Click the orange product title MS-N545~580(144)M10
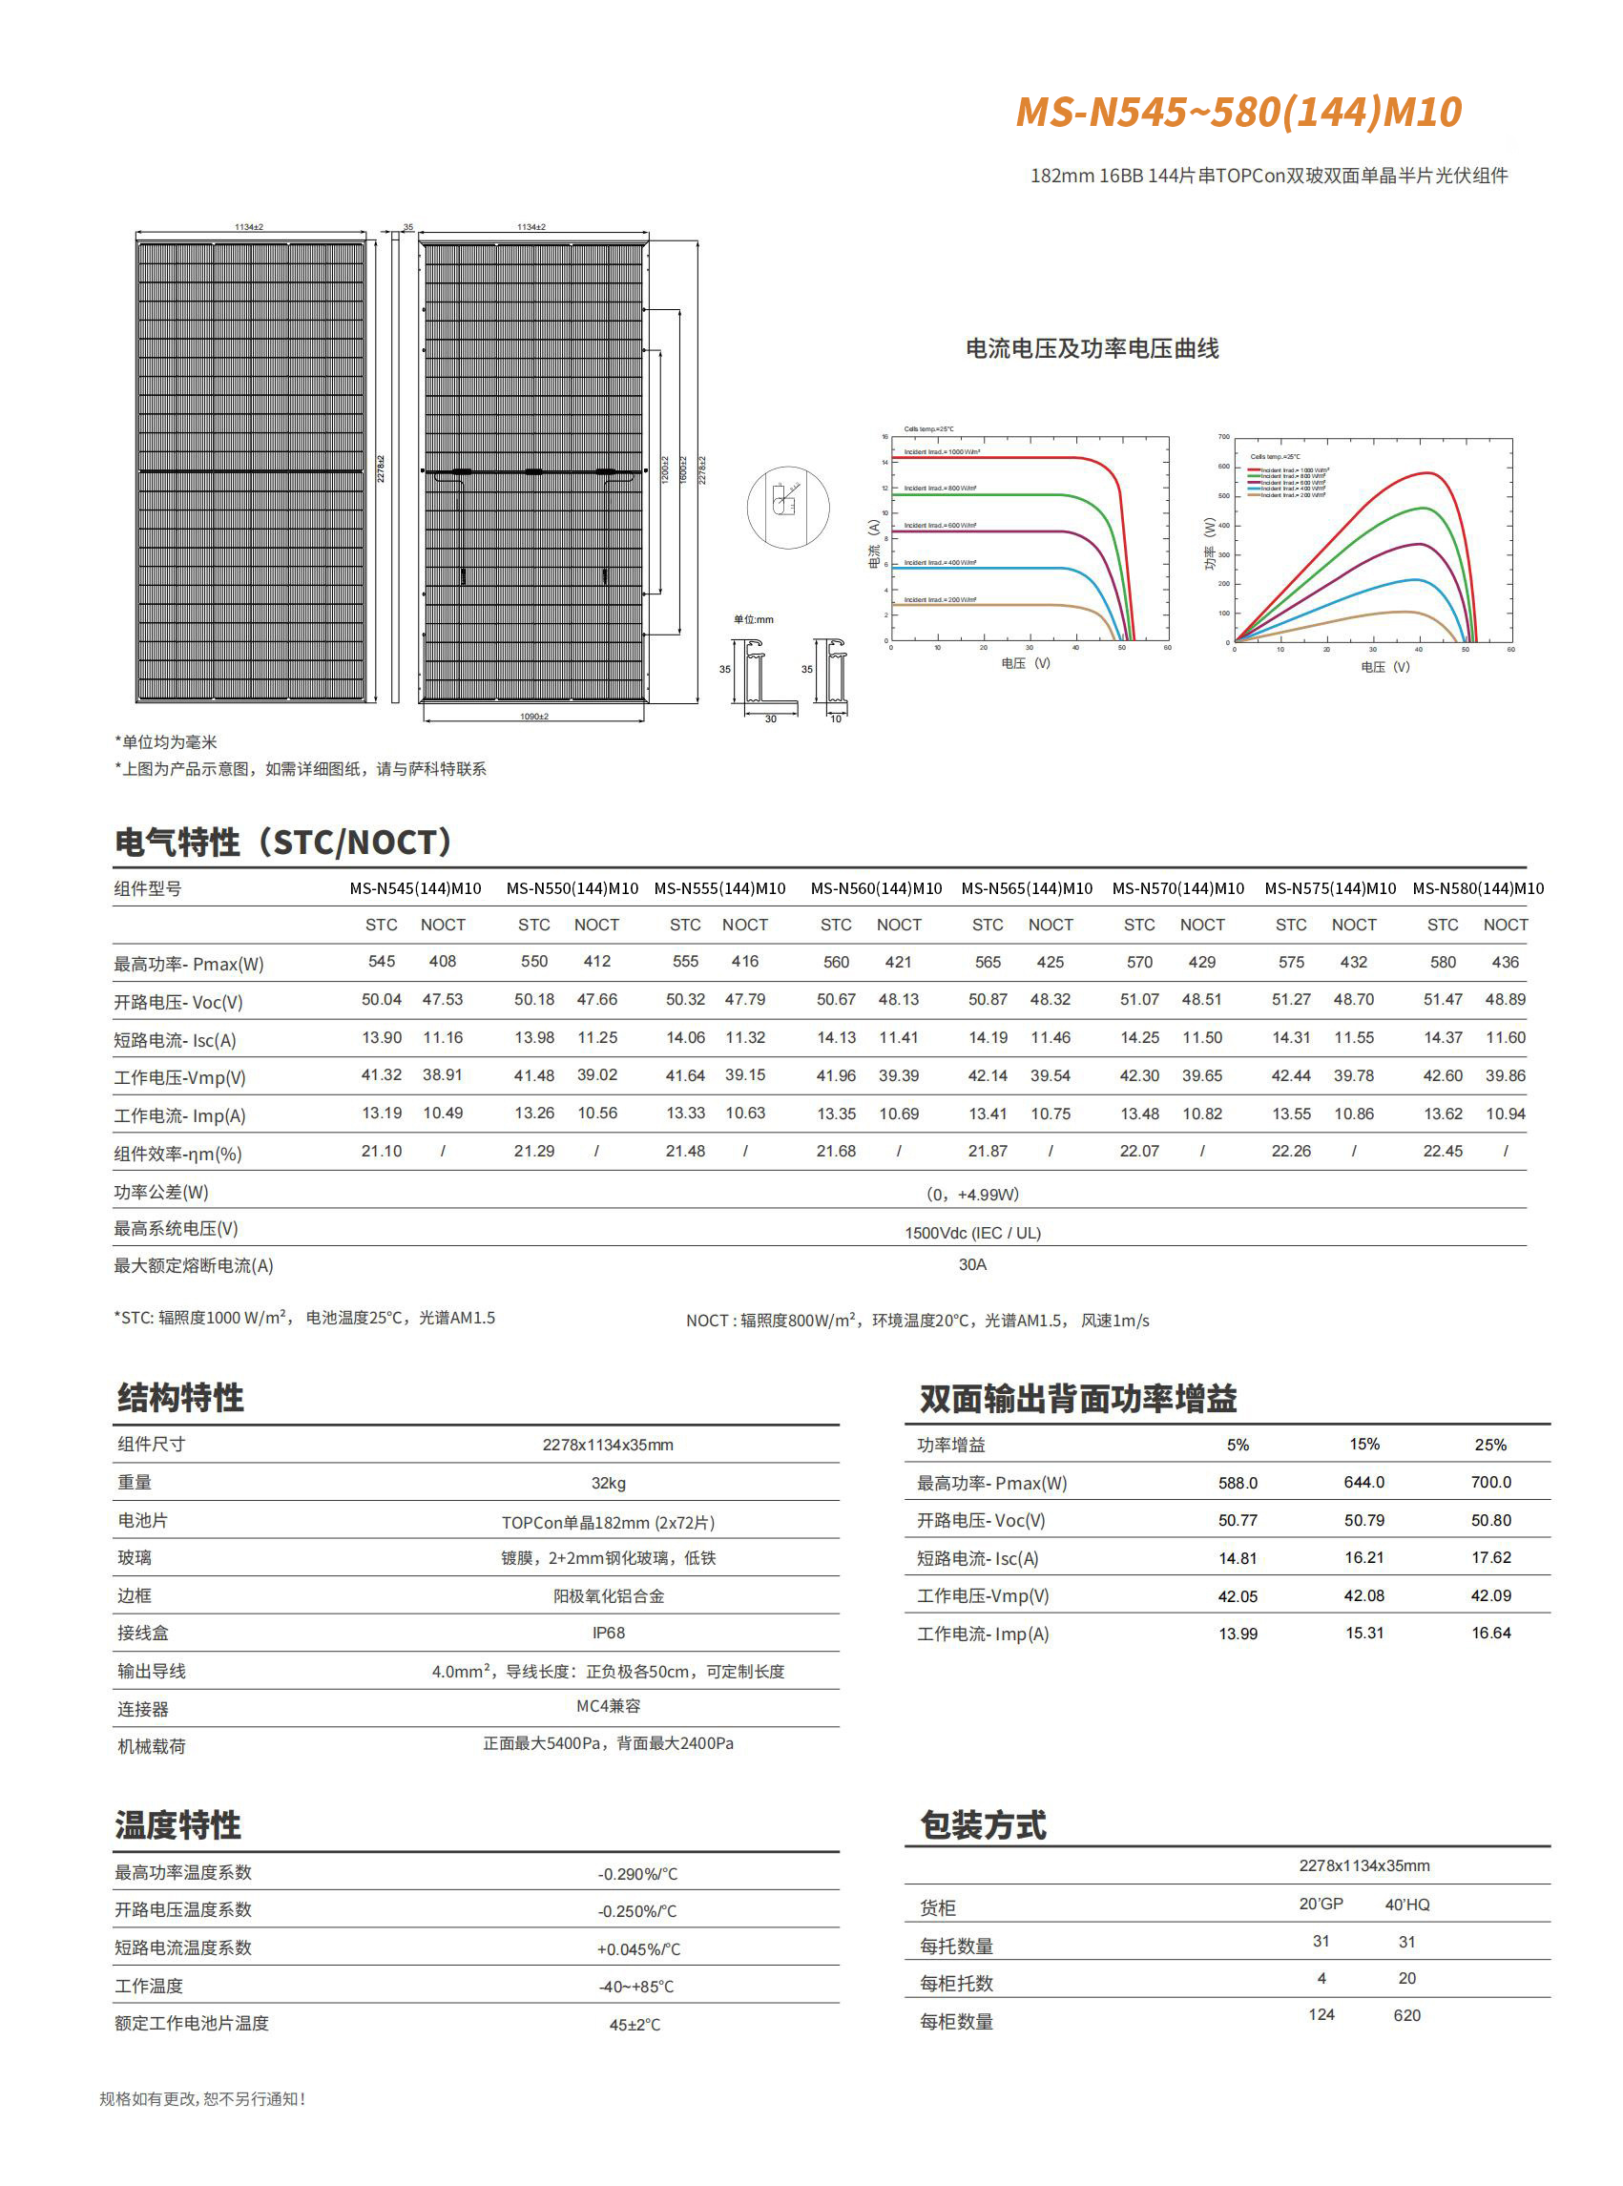pos(1238,112)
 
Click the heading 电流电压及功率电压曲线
pos(1092,349)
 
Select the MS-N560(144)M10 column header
pos(875,888)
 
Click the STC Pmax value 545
pos(382,962)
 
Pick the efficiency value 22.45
pos(1443,1151)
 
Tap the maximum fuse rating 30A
pos(971,1264)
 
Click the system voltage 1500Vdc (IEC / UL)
pos(971,1232)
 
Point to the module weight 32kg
pos(608,1483)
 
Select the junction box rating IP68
pos(608,1633)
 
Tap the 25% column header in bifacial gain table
pos(1489,1445)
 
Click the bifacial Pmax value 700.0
pos(1490,1482)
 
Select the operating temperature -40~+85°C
pos(636,1987)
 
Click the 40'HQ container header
pos(1406,1904)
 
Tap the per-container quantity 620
pos(1406,2015)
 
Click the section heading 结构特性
pos(180,1397)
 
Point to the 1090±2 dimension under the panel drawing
pos(533,717)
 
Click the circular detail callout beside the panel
pos(787,507)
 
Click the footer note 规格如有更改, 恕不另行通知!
pos(202,2098)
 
